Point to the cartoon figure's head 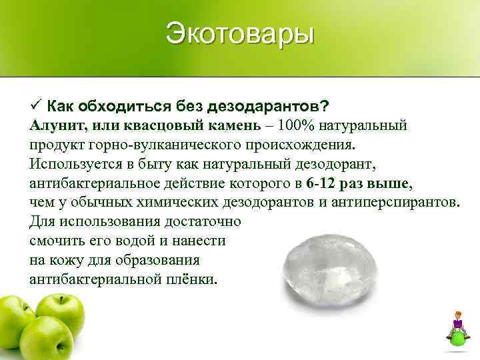point(458,315)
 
